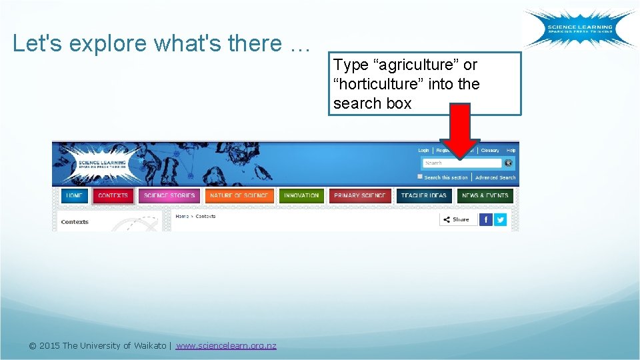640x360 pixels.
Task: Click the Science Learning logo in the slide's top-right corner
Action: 579,29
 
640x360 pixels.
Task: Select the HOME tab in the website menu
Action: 75,196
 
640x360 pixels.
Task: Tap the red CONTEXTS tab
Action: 113,196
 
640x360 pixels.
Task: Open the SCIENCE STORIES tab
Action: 169,196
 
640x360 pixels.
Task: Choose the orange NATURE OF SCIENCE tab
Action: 239,196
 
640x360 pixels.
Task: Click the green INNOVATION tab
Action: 301,196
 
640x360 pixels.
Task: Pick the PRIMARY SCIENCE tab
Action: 360,196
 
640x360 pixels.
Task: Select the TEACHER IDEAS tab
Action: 424,196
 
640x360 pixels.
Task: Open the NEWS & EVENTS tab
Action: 485,196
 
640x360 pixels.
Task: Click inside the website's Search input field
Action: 462,163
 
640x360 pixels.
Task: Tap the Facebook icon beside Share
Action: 486,219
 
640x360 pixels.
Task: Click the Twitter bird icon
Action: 500,219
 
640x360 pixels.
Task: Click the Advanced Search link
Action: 495,178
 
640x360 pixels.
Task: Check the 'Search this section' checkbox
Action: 420,177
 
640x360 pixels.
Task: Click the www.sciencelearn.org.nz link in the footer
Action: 226,345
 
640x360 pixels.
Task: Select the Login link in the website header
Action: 423,151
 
